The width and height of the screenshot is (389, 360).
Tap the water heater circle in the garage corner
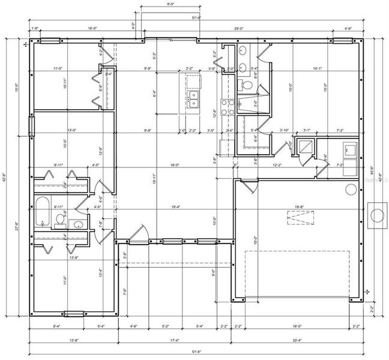pyautogui.click(x=351, y=188)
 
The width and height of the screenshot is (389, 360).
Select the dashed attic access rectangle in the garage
pyautogui.click(x=298, y=220)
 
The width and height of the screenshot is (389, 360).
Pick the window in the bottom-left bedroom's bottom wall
pyautogui.click(x=75, y=313)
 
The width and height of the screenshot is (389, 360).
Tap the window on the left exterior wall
pyautogui.click(x=32, y=126)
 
